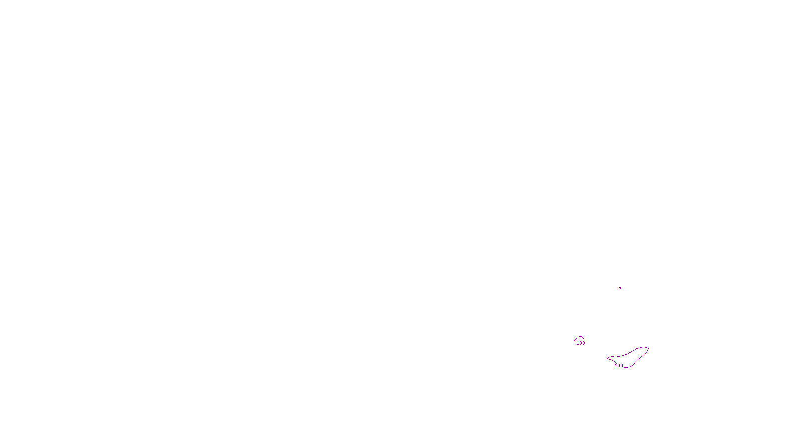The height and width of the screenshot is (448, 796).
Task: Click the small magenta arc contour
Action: pos(580,337)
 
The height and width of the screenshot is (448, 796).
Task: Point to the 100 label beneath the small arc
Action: pos(581,343)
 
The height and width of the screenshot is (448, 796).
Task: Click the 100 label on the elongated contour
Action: pos(619,366)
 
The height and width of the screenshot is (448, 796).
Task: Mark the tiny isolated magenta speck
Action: pos(620,288)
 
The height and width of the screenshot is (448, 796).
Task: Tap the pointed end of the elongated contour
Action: pos(608,358)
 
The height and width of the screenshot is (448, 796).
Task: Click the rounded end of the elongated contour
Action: pos(647,348)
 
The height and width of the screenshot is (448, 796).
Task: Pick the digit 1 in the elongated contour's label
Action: pos(616,366)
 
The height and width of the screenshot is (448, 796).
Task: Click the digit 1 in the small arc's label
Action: pos(578,343)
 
